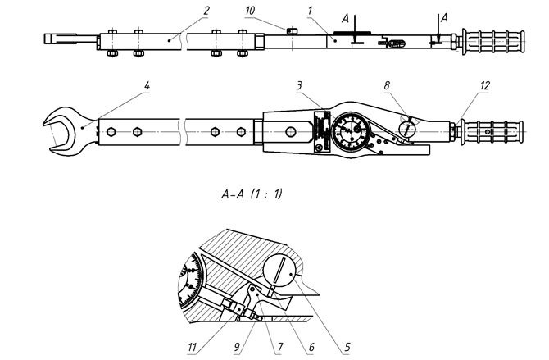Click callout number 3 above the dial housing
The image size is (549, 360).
(300, 84)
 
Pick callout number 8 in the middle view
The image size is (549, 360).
(388, 84)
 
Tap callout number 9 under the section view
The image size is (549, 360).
(238, 347)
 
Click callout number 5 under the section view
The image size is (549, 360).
(347, 347)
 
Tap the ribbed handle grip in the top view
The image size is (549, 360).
(494, 39)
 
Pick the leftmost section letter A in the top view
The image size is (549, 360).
(346, 16)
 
